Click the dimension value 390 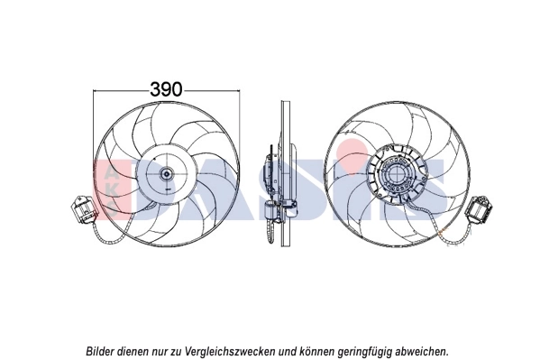click(x=166, y=89)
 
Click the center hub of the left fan click(x=168, y=175)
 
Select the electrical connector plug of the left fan click(x=80, y=213)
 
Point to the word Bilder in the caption click(x=102, y=350)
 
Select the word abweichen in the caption click(x=419, y=350)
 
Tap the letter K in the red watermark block click(x=109, y=174)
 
